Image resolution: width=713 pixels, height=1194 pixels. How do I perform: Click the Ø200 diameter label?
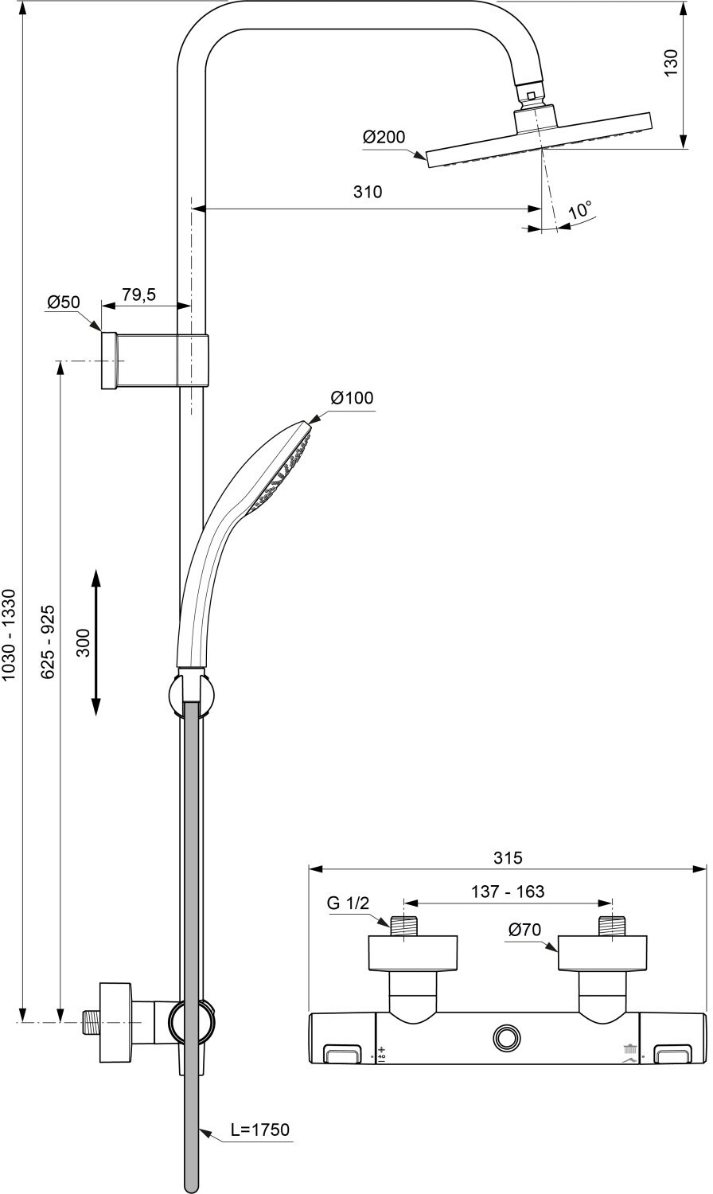pyautogui.click(x=384, y=137)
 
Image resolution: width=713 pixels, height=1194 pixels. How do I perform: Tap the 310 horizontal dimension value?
pyautogui.click(x=368, y=192)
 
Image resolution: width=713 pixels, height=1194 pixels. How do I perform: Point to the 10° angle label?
pyautogui.click(x=580, y=211)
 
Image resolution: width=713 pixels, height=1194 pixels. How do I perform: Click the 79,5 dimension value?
pyautogui.click(x=138, y=295)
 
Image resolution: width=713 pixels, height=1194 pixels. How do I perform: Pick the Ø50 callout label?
pyautogui.click(x=64, y=302)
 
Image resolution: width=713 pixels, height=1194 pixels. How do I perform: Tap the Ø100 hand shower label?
pyautogui.click(x=352, y=397)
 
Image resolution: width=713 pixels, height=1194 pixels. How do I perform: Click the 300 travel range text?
pyautogui.click(x=83, y=642)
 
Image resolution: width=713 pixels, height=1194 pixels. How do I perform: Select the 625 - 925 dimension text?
pyautogui.click(x=49, y=642)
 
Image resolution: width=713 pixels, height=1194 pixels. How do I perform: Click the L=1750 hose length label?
pyautogui.click(x=260, y=1130)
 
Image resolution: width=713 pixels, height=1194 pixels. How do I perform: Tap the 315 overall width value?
pyautogui.click(x=507, y=857)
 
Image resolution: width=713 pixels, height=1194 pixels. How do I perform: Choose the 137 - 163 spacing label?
pyautogui.click(x=507, y=892)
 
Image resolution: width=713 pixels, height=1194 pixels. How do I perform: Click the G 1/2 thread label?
pyautogui.click(x=349, y=903)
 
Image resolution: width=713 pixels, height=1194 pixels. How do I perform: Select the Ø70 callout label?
pyautogui.click(x=524, y=928)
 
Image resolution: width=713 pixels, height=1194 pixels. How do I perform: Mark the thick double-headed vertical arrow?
pyautogui.click(x=95, y=642)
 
